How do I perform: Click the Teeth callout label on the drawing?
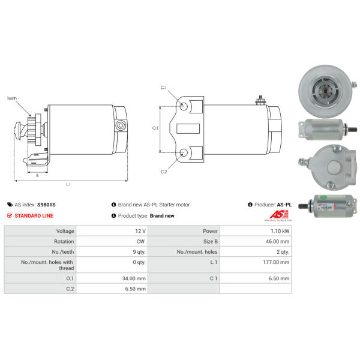click(12, 98)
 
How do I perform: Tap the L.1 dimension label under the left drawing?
click(68, 184)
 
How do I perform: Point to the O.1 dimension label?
click(155, 128)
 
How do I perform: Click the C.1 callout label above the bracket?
click(164, 87)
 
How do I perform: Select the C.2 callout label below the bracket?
click(164, 172)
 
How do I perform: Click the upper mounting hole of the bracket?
click(184, 106)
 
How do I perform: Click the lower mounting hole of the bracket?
click(184, 152)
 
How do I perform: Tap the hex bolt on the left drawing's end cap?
click(121, 125)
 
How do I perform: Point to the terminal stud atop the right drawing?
click(260, 100)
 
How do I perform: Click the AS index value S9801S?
click(46, 205)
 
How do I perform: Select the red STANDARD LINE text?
click(34, 215)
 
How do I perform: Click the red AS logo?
click(279, 214)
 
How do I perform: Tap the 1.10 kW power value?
click(280, 231)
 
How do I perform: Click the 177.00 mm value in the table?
click(276, 262)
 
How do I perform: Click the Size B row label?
click(211, 241)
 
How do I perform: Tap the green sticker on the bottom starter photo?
click(323, 197)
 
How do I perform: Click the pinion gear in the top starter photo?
click(326, 92)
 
